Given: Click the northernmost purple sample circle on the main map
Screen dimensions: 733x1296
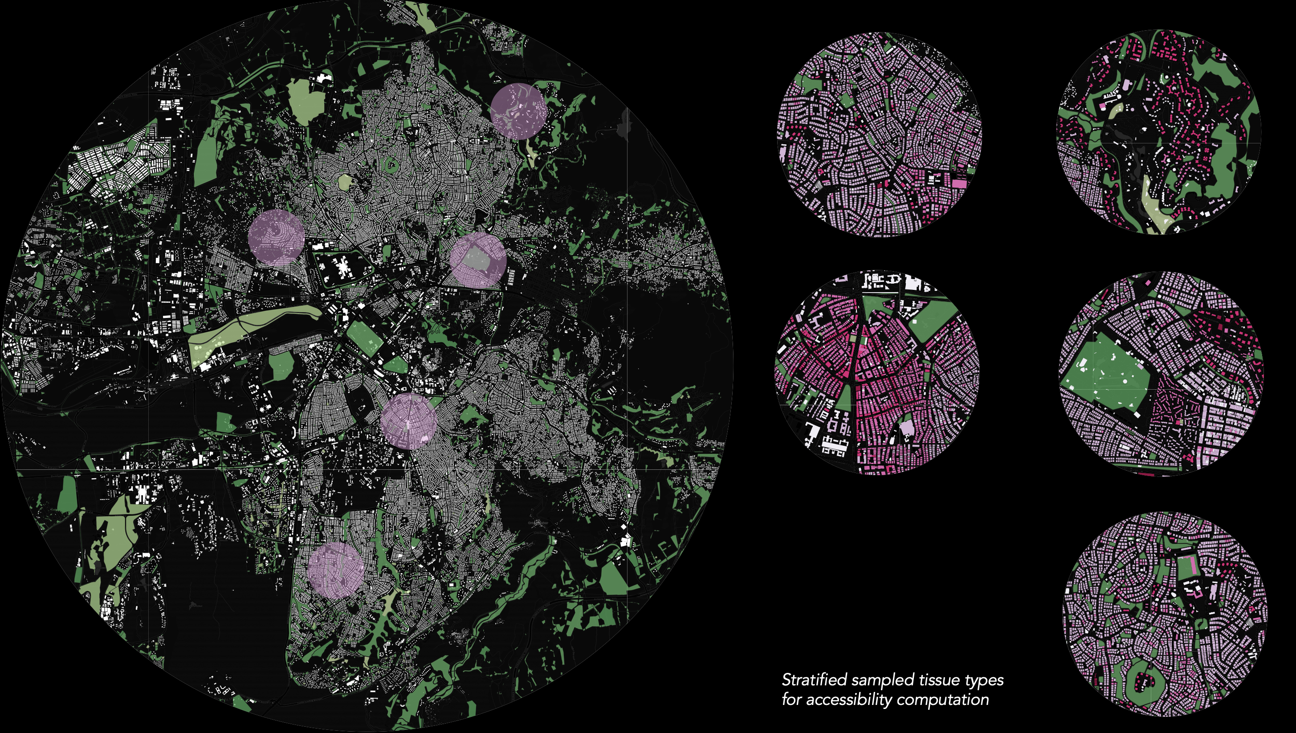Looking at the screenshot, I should (x=518, y=111).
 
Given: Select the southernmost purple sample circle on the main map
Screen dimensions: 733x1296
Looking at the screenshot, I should (x=336, y=570).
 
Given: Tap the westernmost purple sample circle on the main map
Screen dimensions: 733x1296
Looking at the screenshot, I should (x=277, y=237).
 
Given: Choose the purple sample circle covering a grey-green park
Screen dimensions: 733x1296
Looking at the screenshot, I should (x=477, y=259).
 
